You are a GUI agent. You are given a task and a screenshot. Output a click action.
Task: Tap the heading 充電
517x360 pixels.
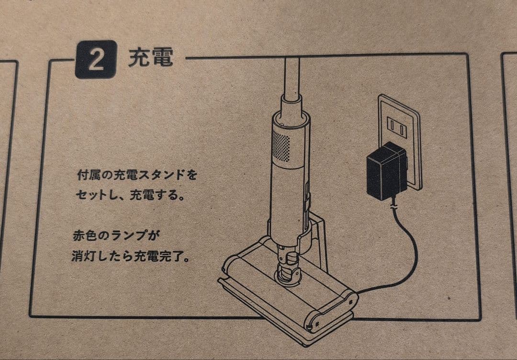(x=150, y=58)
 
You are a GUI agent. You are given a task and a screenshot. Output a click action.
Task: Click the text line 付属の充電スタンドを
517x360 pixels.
(x=137, y=175)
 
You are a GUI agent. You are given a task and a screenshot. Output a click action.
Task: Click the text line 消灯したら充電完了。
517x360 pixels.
(x=130, y=256)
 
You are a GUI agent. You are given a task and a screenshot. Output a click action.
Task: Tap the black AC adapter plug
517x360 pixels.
(x=386, y=171)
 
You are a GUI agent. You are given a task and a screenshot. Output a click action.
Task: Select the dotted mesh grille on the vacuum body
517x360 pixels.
(x=281, y=146)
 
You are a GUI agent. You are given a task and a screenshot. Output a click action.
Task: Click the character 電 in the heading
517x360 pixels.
(x=161, y=58)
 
